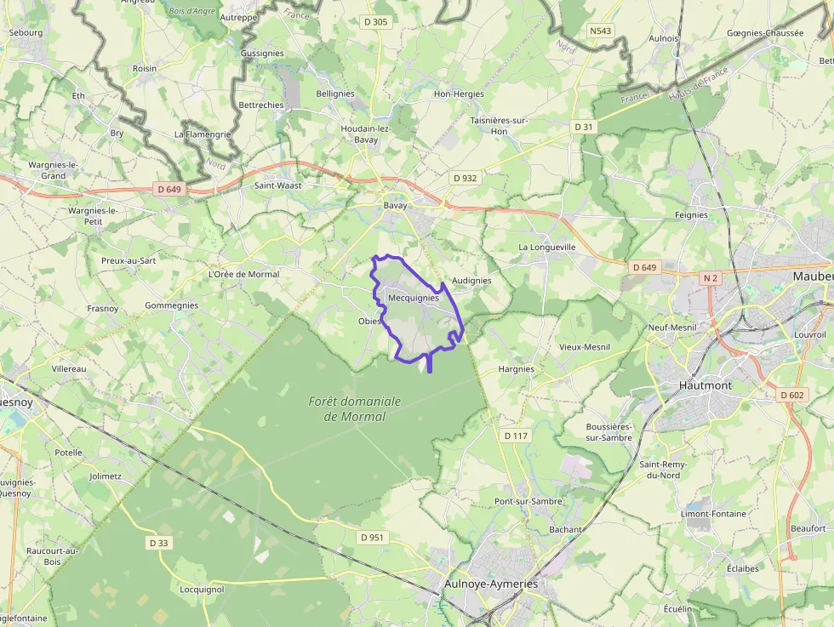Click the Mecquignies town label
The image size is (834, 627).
[x=413, y=299]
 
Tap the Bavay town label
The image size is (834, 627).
[x=396, y=206]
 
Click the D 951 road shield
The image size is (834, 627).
[x=373, y=537]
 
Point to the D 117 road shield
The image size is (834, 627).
[x=516, y=436]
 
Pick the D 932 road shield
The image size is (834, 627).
[x=465, y=178]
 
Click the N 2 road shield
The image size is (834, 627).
[x=711, y=278]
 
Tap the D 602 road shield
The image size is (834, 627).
[x=791, y=395]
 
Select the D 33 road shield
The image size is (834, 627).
[x=159, y=543]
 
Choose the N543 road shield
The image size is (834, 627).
[x=601, y=31]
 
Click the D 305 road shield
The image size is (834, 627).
[x=374, y=22]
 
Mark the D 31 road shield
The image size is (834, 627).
[x=583, y=127]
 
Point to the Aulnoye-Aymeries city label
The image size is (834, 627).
[x=491, y=584]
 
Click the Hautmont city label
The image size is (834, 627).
[x=705, y=385]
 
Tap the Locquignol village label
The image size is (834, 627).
[x=202, y=589]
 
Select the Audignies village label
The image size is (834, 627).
[x=472, y=280]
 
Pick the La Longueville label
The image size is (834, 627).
[x=547, y=247]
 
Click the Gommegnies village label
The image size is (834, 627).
[x=172, y=305]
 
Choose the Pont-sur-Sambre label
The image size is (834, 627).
[x=528, y=501]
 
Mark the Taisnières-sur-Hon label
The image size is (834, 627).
[x=500, y=126]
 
